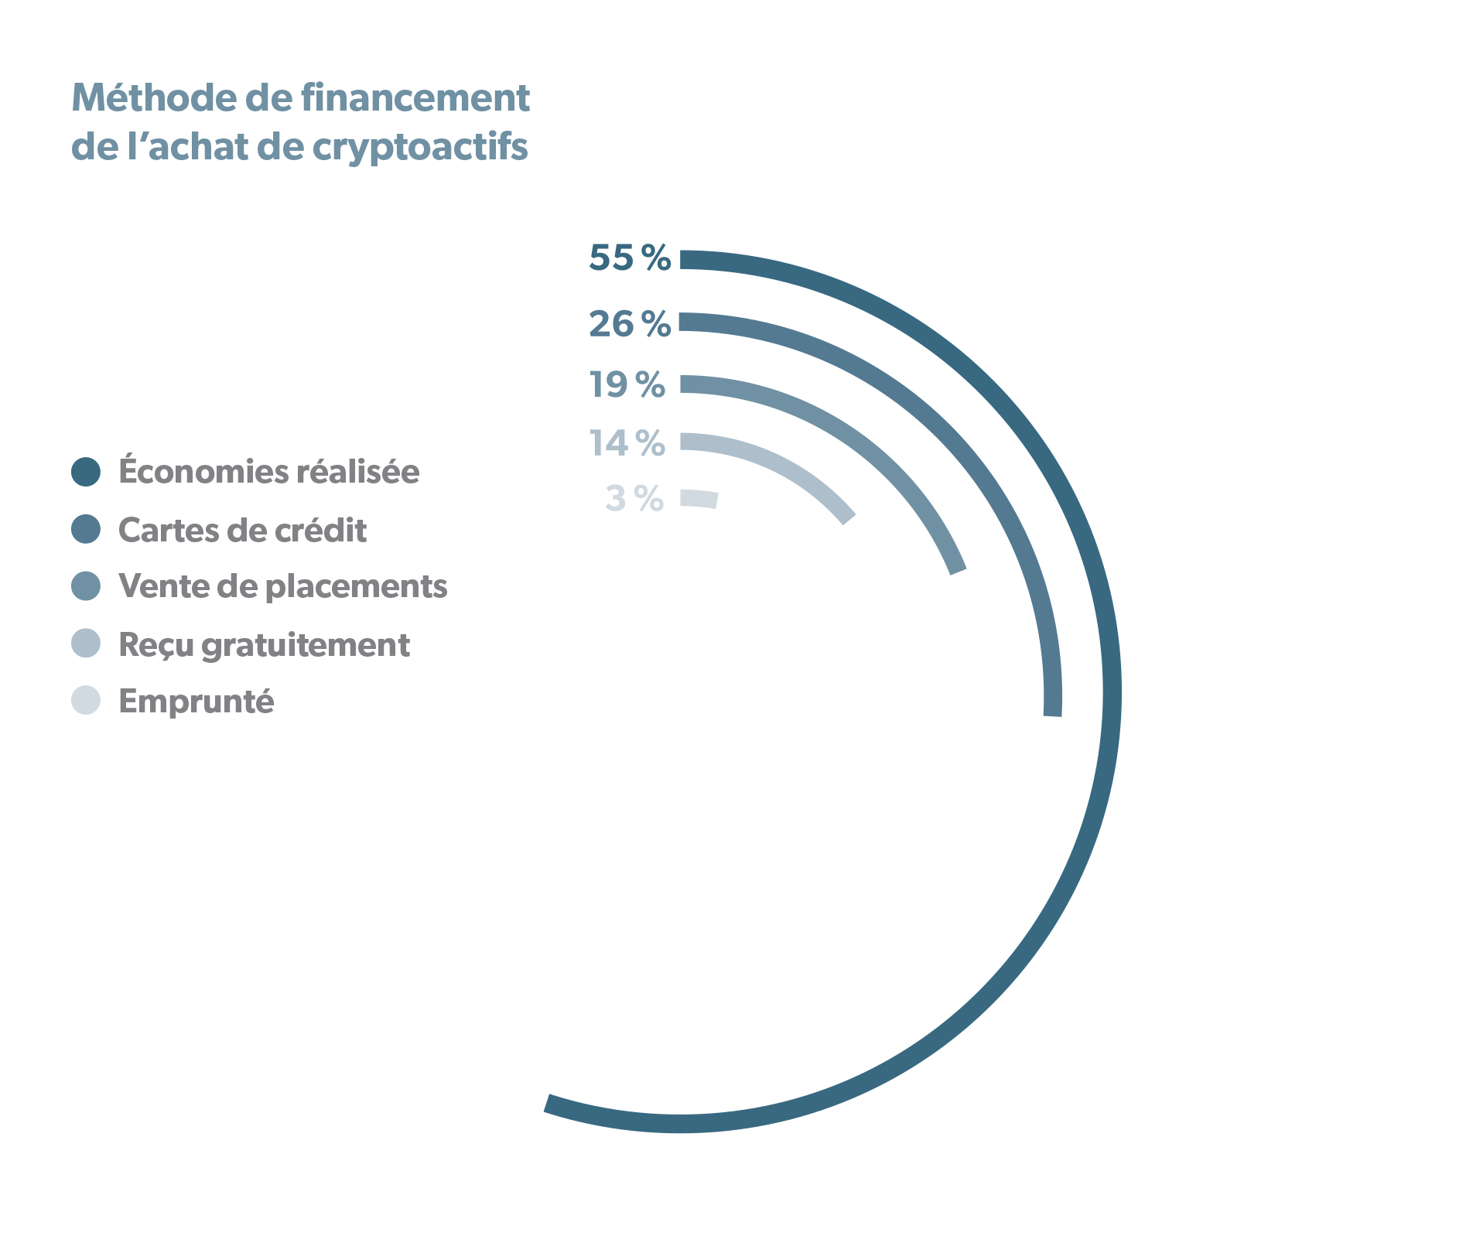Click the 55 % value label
coord(630,258)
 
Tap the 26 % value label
coord(630,323)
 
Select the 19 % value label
coord(627,384)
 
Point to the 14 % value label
coord(627,443)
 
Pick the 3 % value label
coord(634,499)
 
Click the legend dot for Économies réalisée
coord(86,472)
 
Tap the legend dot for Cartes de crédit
coord(86,530)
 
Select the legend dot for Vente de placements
coord(86,586)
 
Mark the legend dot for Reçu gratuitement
coord(86,644)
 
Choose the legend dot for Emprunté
coord(86,700)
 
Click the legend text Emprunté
coord(197,702)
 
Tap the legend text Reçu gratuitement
coord(264,645)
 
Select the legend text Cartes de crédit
coord(242,531)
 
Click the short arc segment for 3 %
coord(699,499)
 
